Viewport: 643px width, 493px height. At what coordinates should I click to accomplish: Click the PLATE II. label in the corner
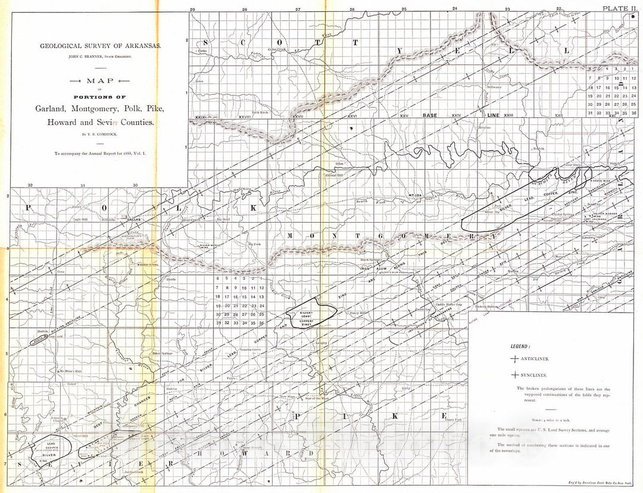(619, 8)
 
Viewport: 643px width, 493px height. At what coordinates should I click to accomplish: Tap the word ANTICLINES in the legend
(536, 359)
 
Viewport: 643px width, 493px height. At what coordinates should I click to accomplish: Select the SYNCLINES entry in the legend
(535, 376)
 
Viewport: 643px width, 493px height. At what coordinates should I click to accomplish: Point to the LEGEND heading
(521, 346)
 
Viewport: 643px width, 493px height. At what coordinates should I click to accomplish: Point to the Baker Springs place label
(163, 353)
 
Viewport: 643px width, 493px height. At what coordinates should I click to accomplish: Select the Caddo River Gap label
(448, 304)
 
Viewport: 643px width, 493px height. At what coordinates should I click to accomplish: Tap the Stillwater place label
(494, 87)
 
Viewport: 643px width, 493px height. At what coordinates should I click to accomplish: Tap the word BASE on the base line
(429, 114)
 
